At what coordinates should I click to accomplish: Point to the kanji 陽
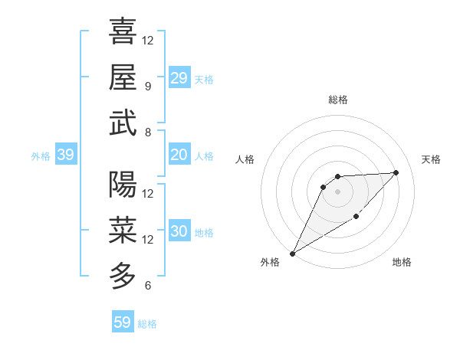pyautogui.click(x=123, y=185)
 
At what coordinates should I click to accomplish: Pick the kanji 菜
pyautogui.click(x=123, y=230)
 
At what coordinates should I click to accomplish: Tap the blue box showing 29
pyautogui.click(x=179, y=78)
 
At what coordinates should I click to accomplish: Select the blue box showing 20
pyautogui.click(x=179, y=155)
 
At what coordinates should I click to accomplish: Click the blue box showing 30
pyautogui.click(x=179, y=232)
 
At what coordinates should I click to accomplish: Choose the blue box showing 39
pyautogui.click(x=65, y=155)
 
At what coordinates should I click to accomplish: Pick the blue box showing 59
pyautogui.click(x=122, y=322)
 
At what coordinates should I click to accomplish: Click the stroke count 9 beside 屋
pyautogui.click(x=147, y=86)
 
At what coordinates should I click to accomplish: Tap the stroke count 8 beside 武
pyautogui.click(x=147, y=132)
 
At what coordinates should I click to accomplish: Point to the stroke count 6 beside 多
pyautogui.click(x=147, y=286)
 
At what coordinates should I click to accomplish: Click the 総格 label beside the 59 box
pyautogui.click(x=147, y=324)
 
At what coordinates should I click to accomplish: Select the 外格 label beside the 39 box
pyautogui.click(x=41, y=156)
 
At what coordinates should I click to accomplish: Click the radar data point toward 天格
pyautogui.click(x=396, y=172)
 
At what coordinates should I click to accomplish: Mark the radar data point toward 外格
pyautogui.click(x=292, y=253)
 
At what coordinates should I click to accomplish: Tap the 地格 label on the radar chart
pyautogui.click(x=402, y=263)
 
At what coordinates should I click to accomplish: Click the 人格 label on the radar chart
pyautogui.click(x=245, y=159)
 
